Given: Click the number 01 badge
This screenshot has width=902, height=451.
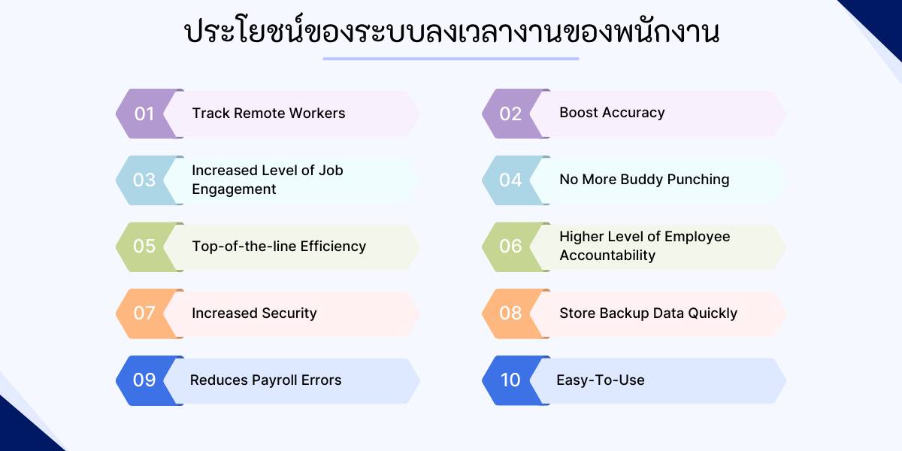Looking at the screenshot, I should [x=144, y=114].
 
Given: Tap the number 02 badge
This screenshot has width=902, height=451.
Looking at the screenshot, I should [x=510, y=114].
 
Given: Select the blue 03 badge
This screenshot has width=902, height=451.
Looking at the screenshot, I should [x=144, y=180].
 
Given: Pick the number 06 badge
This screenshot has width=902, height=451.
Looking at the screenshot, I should [x=510, y=246].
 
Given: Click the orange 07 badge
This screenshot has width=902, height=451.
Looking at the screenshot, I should [x=144, y=313].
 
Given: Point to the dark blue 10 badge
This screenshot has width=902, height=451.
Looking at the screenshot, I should [x=510, y=380].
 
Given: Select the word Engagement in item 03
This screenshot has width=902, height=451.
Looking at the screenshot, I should [x=234, y=189].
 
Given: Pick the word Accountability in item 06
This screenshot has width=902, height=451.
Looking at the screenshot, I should [x=607, y=256].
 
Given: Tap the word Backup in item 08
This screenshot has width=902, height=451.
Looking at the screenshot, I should [x=639, y=313].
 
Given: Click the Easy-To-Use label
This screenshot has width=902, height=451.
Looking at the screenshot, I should [x=600, y=380].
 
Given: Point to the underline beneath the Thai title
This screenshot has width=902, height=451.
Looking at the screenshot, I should [x=451, y=59].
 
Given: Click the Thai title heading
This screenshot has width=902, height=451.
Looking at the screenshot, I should [x=451, y=32].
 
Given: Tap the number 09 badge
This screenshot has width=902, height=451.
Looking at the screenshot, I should [x=144, y=380].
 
